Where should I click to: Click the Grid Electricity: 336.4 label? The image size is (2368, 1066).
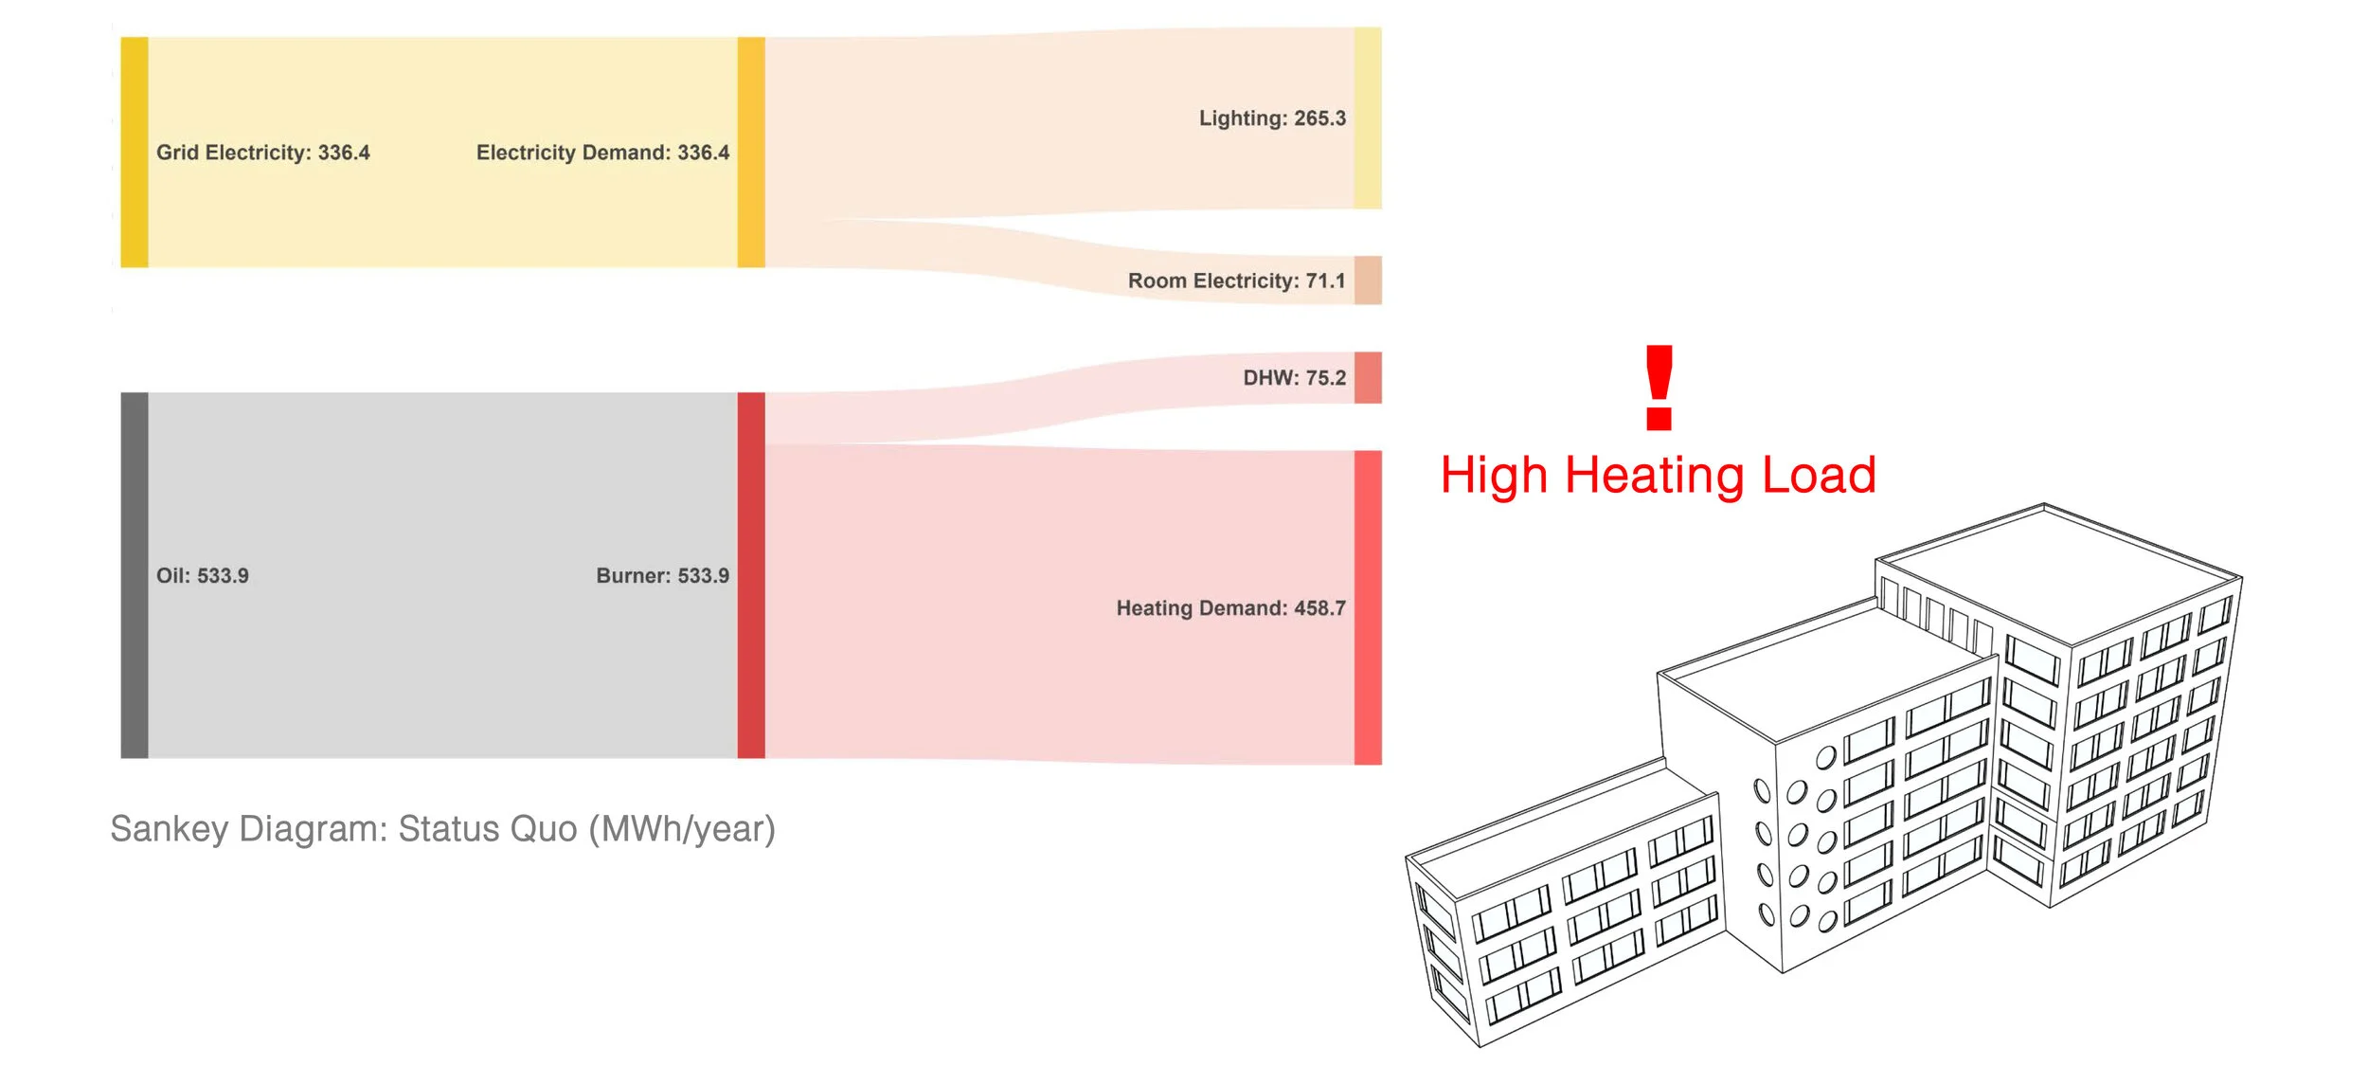(262, 153)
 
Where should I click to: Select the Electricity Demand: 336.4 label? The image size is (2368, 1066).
(602, 153)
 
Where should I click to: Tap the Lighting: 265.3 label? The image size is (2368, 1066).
(1271, 118)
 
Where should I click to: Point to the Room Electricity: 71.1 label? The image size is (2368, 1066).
(1235, 280)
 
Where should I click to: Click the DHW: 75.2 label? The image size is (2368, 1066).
(1294, 378)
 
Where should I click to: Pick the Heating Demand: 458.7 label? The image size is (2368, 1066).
(1229, 608)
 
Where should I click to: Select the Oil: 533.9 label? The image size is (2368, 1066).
(202, 576)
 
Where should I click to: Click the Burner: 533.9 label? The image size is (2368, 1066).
(662, 576)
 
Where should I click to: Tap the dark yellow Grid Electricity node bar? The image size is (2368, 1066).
(135, 153)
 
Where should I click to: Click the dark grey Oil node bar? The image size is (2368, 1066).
(135, 575)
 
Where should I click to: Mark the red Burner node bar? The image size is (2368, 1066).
(750, 575)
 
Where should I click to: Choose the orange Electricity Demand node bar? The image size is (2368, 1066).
(750, 153)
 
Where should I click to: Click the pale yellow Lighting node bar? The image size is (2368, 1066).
(1367, 118)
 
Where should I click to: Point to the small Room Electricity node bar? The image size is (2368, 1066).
(1367, 280)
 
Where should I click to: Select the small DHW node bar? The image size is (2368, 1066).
(1367, 378)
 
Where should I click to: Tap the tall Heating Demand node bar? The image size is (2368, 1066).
(1367, 608)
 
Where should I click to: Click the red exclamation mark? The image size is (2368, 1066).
(1659, 387)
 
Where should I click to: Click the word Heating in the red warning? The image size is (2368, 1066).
(1654, 476)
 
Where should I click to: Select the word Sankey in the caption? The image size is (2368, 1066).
(170, 829)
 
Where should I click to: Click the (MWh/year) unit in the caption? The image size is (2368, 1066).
(681, 829)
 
